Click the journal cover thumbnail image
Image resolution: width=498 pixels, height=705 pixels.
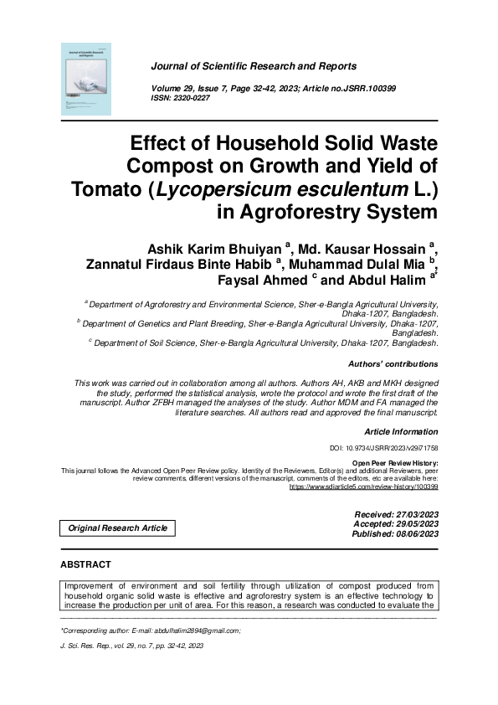(x=86, y=78)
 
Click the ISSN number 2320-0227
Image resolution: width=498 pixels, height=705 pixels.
(x=190, y=98)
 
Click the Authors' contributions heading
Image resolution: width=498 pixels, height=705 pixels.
(x=392, y=364)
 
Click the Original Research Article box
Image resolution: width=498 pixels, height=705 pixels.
(x=117, y=527)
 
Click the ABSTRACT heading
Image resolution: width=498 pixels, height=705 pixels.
(x=85, y=565)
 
